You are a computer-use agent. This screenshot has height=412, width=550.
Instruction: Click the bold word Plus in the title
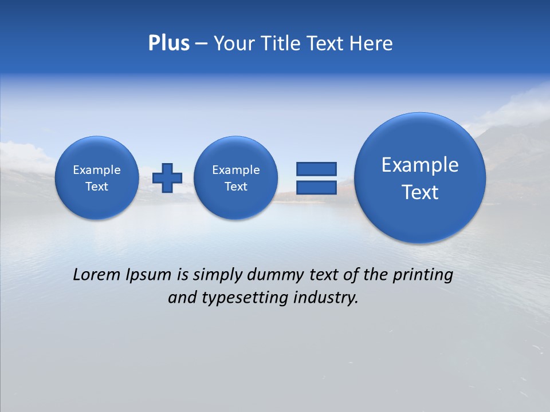click(x=168, y=43)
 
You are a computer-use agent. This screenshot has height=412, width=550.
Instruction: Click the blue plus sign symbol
click(x=168, y=177)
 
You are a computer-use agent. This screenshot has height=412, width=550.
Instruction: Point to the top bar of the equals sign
click(x=316, y=169)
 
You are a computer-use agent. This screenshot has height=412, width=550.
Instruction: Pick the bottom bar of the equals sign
click(x=316, y=187)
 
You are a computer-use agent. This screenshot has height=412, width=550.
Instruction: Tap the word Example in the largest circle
click(x=420, y=165)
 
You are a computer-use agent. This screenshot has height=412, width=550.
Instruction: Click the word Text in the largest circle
click(x=420, y=192)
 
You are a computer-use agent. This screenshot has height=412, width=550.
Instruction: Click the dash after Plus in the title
click(x=201, y=43)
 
